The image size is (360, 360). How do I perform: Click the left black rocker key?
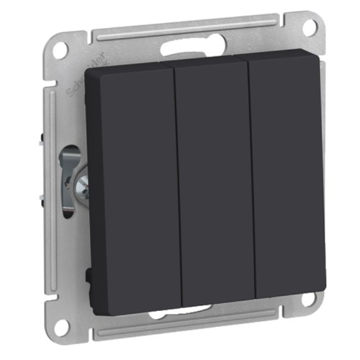[133, 187]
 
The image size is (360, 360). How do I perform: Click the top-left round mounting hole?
[61, 50]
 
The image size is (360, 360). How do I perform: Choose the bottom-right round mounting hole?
[310, 300]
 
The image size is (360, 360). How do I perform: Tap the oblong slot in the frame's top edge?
[184, 50]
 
